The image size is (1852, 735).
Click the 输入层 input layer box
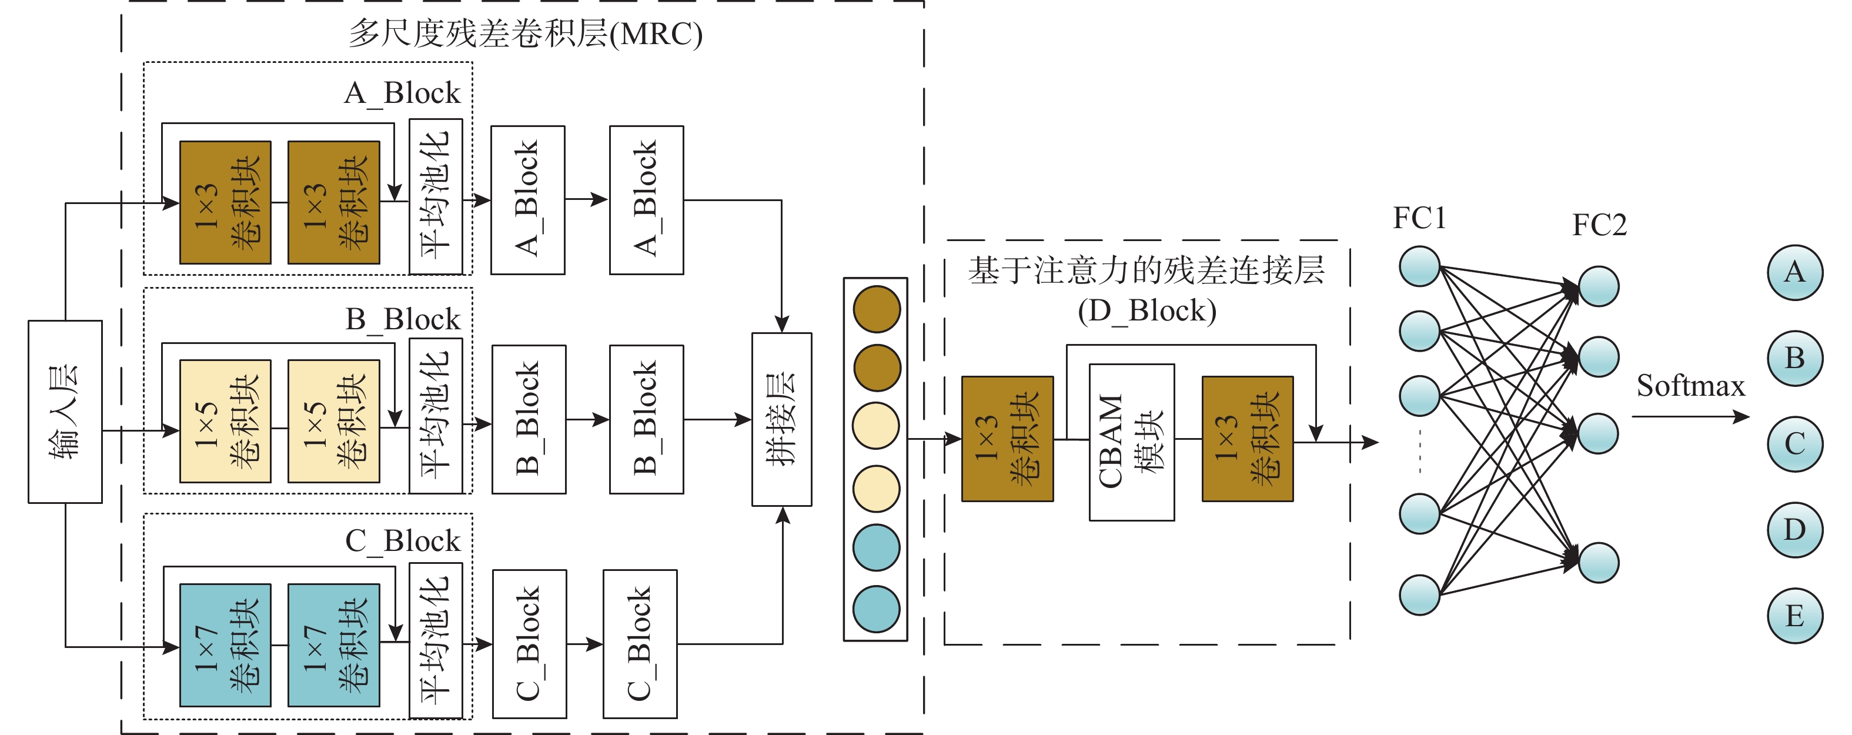65,412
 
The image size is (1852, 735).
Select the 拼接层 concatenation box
781,419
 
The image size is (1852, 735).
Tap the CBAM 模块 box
1132,442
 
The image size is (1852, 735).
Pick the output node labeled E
1794,616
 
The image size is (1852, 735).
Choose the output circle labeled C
1794,444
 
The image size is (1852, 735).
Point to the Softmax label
1690,386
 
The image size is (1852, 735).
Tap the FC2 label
1599,225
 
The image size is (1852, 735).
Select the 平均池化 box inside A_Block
436,196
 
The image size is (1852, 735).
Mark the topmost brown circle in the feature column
877,309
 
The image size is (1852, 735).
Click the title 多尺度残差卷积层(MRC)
525,34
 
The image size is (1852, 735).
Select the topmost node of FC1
1419,266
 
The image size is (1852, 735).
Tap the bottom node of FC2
1598,562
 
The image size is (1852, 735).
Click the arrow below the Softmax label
1690,416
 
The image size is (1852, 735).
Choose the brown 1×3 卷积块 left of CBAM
1007,438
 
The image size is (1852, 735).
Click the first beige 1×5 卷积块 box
225,421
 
